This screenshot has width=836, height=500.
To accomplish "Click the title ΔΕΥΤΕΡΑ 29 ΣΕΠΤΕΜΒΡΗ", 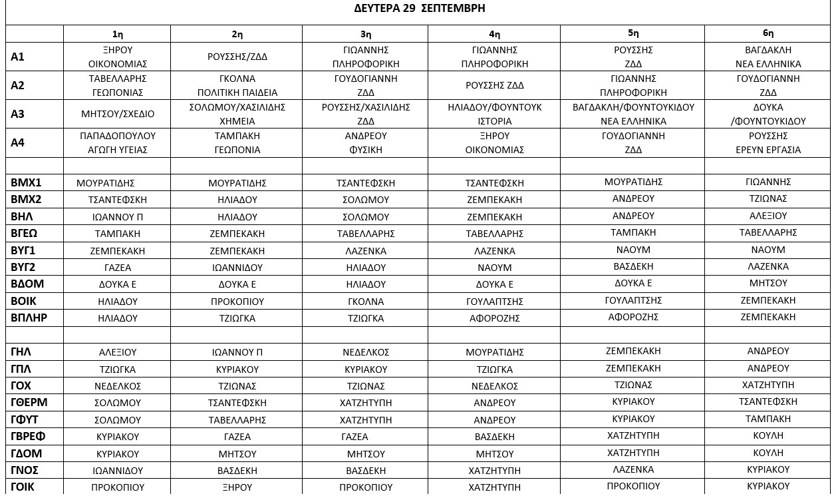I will [419, 9].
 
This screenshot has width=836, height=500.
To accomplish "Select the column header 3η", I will [365, 34].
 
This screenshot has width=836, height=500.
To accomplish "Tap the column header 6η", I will [767, 33].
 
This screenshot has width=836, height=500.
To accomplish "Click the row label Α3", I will [18, 114].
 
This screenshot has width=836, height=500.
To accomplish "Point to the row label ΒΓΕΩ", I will [25, 234].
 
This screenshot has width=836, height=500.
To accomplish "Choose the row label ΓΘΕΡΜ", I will [29, 402].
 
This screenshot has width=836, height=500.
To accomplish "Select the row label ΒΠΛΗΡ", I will [29, 318].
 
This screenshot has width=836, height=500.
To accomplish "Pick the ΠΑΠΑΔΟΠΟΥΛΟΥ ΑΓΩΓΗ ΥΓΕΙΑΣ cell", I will [118, 142].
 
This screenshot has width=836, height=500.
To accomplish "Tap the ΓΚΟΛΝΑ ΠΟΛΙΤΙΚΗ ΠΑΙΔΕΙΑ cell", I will [237, 85].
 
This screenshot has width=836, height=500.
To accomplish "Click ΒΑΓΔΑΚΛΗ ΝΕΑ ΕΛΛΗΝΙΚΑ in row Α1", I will [767, 57].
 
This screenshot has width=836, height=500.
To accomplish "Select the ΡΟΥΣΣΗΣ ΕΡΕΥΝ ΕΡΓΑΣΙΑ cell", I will [767, 142].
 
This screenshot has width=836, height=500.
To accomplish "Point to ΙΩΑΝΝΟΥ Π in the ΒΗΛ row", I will [118, 217].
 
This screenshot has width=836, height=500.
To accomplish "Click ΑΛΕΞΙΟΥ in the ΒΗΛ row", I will [767, 216].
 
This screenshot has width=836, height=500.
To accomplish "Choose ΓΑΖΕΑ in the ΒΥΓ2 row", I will [118, 268].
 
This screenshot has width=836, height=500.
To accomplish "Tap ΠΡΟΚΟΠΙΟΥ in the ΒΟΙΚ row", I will [237, 302].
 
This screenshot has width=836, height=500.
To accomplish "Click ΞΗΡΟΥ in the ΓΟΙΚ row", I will [237, 487].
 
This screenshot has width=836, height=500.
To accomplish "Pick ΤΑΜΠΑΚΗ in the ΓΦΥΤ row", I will [767, 419].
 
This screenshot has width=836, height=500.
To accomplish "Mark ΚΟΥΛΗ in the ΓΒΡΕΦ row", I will [767, 435].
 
